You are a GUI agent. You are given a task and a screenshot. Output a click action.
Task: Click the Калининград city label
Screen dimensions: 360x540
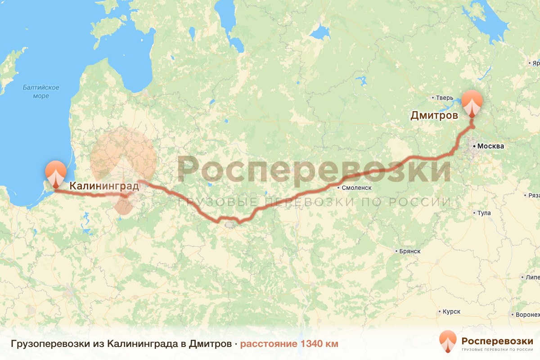(x=103, y=185)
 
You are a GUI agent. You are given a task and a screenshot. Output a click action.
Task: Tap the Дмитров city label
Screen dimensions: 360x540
(x=434, y=116)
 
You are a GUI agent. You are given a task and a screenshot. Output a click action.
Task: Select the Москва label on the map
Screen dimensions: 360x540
(x=490, y=146)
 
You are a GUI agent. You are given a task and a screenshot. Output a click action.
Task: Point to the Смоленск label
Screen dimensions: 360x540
(x=356, y=186)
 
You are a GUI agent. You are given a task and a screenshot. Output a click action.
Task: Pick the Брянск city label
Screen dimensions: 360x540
(x=409, y=251)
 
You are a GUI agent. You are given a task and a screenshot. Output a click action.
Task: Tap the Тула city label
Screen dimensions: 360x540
(x=484, y=213)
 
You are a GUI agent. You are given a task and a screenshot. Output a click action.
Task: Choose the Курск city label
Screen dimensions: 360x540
(x=451, y=311)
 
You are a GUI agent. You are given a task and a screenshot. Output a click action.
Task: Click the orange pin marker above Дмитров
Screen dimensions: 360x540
(x=472, y=103)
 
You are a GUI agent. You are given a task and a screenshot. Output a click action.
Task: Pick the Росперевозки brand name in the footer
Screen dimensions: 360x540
(x=497, y=340)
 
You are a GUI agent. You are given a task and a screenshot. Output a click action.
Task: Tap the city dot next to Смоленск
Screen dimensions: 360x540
(x=338, y=186)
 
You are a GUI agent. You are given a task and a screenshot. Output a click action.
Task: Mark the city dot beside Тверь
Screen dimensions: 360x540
(x=432, y=97)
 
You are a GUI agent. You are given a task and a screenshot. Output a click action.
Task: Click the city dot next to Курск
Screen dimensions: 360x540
(x=439, y=311)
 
